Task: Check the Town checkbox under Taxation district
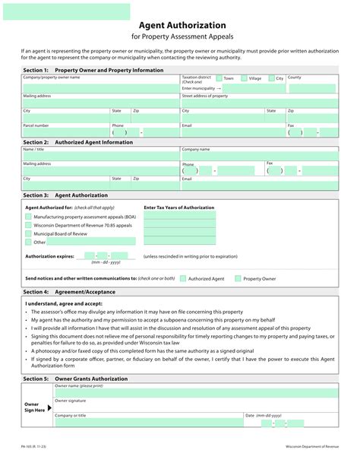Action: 219,78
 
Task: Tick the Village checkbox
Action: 244,78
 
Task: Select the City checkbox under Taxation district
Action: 270,78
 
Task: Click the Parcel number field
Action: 65,132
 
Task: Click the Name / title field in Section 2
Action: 99,156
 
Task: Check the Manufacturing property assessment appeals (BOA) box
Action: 28,217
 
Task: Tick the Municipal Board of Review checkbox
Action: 28,234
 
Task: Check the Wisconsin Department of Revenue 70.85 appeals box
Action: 28,225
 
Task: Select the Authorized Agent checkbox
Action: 183,279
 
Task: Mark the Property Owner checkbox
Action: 238,279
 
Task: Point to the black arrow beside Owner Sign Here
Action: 50,407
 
